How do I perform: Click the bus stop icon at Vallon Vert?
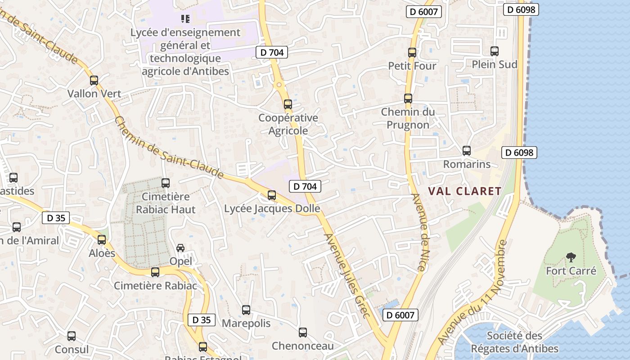click(x=94, y=81)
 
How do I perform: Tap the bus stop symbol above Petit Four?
click(x=412, y=52)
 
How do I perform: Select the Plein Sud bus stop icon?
click(x=494, y=51)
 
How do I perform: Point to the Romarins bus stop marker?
click(x=467, y=151)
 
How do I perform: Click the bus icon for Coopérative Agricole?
click(x=288, y=104)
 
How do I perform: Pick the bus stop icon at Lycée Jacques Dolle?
click(x=271, y=195)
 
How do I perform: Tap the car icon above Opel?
click(x=180, y=248)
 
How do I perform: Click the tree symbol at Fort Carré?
click(x=571, y=257)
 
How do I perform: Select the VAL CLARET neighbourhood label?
click(x=464, y=191)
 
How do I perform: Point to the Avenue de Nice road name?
click(x=419, y=232)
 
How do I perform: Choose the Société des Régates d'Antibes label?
click(x=514, y=342)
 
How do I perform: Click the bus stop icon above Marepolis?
click(x=246, y=310)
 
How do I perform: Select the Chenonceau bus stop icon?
click(x=303, y=333)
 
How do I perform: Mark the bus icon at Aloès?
click(x=102, y=240)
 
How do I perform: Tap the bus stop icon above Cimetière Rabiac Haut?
click(x=166, y=183)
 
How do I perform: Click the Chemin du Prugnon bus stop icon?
click(x=408, y=98)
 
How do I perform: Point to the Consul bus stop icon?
click(x=72, y=336)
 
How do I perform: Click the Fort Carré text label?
click(x=571, y=271)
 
